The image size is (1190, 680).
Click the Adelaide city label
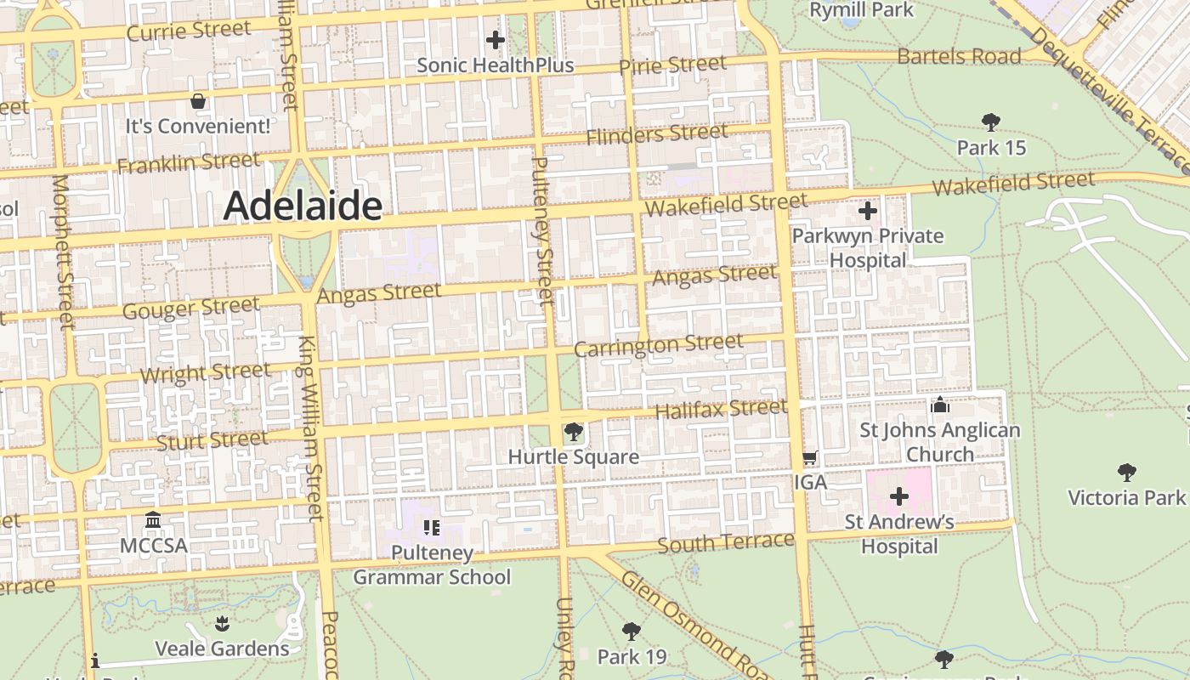click(303, 207)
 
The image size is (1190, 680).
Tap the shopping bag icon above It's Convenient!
click(198, 101)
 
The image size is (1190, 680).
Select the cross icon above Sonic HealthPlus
click(496, 39)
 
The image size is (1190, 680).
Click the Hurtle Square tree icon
click(574, 432)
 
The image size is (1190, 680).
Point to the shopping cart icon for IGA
click(809, 458)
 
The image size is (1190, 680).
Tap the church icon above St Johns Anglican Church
click(939, 405)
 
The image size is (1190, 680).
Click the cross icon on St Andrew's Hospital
click(899, 496)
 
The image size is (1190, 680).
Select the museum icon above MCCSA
click(153, 519)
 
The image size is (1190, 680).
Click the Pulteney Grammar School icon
click(431, 528)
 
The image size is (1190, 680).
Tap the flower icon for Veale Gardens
click(222, 624)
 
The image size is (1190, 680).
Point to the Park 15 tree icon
click(990, 122)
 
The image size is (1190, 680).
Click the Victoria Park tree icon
click(1127, 472)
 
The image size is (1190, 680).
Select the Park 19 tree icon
click(631, 631)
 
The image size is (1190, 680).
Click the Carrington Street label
click(659, 346)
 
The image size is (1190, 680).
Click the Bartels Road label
click(959, 57)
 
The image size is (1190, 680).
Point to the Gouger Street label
click(190, 308)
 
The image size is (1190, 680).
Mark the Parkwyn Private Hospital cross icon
click(868, 211)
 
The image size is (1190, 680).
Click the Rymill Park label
click(861, 10)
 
